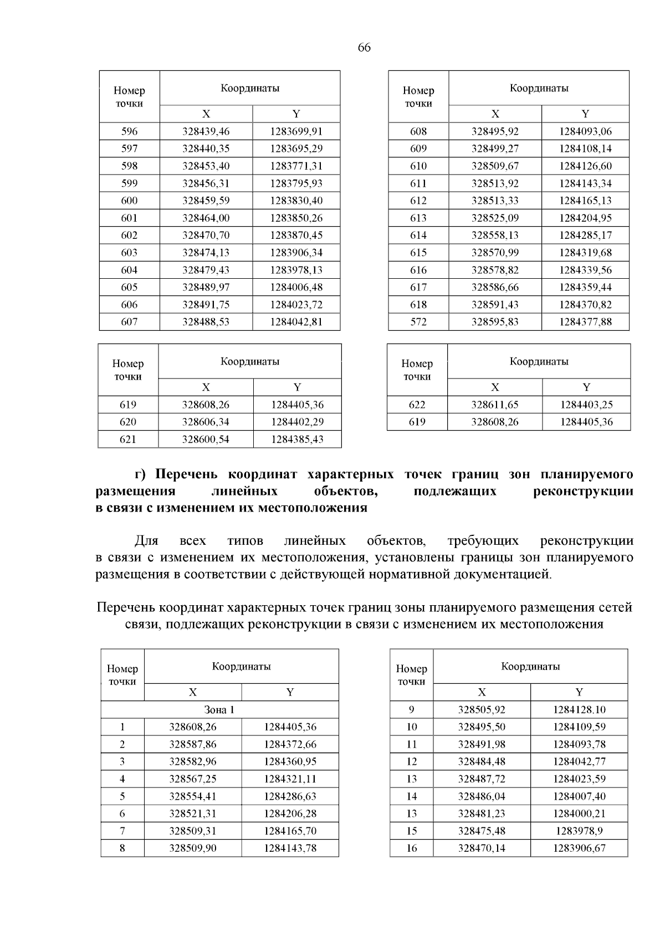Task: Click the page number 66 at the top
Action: point(364,48)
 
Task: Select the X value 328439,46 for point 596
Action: point(206,131)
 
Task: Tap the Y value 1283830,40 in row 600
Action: point(296,201)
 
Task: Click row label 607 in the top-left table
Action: point(129,322)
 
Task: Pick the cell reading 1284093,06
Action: point(585,131)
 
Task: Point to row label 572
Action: point(418,322)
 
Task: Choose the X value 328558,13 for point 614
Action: point(495,236)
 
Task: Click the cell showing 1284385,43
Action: point(297,439)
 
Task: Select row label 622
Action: point(417,405)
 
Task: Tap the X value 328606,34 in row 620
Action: point(206,422)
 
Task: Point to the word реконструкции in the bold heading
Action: point(582,492)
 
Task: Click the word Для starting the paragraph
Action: point(146,541)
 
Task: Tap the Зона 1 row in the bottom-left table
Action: point(219,710)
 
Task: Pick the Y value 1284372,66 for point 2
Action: point(290,744)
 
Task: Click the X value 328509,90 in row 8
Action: point(193,848)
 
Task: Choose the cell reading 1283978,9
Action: point(579,831)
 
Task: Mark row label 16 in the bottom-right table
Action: point(411,848)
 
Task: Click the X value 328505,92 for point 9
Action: point(482,710)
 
